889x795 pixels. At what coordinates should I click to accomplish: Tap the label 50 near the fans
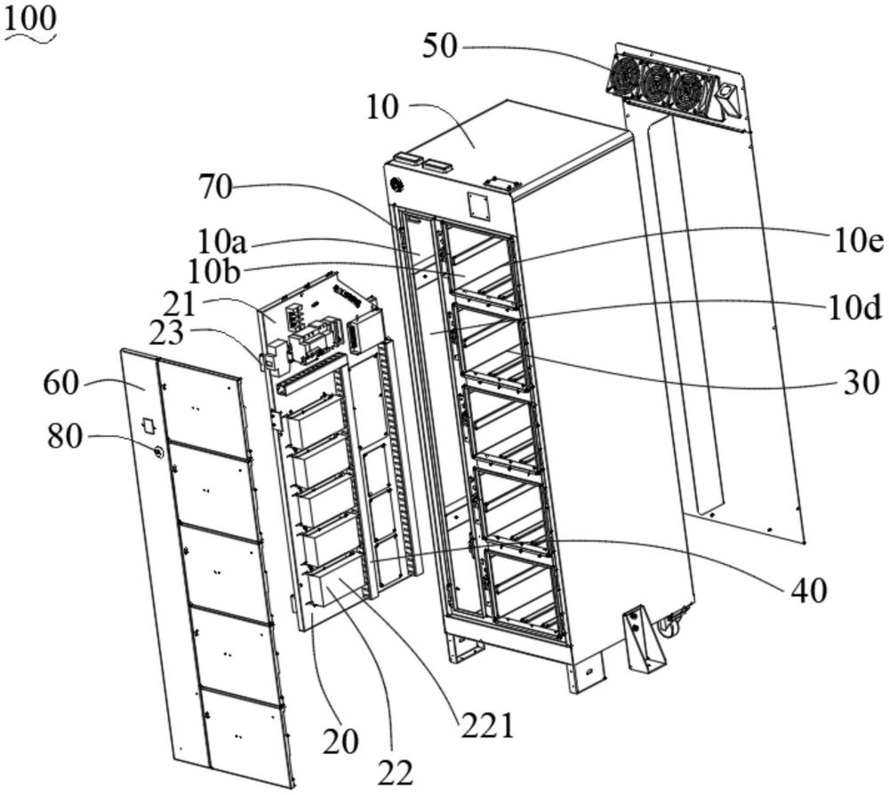point(439,46)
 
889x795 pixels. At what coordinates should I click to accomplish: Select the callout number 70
point(215,187)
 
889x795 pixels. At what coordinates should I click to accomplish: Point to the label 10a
point(222,242)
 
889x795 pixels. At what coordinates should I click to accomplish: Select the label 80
point(65,436)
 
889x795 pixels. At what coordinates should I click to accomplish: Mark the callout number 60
point(61,383)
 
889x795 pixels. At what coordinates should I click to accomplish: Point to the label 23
point(166,333)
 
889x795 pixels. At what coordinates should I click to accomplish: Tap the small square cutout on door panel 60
point(148,425)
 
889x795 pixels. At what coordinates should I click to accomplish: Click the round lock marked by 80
point(157,451)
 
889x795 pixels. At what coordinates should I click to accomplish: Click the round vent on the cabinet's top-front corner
point(396,185)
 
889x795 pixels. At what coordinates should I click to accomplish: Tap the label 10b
point(214,272)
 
